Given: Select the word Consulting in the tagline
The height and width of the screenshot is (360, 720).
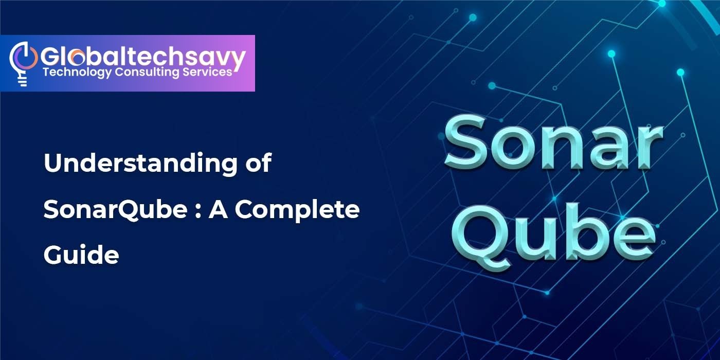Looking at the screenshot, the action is click(147, 73).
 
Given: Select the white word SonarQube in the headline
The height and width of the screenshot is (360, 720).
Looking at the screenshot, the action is click(115, 210).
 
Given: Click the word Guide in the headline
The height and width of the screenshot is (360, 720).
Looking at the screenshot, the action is click(81, 254).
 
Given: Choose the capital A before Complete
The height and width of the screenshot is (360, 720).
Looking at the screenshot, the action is click(219, 210).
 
